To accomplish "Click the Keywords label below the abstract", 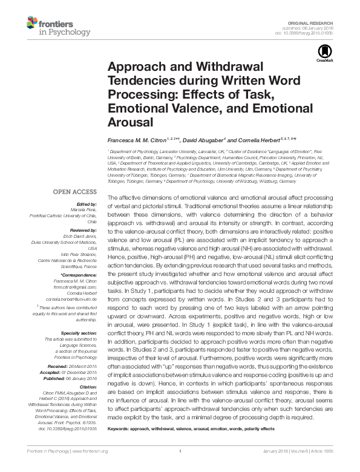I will pyautogui.click(x=120, y=427).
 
